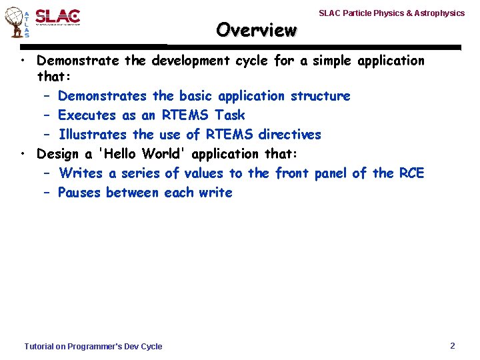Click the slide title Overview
(x=256, y=30)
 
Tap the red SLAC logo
(x=57, y=17)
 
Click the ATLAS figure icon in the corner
(x=16, y=22)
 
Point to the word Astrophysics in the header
(x=441, y=13)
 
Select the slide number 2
(x=453, y=345)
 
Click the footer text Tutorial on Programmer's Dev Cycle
(x=93, y=346)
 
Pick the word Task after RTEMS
(x=229, y=115)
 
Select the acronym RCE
(x=411, y=173)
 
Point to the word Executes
(x=88, y=115)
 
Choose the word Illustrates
(x=93, y=135)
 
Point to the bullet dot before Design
(x=23, y=154)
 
